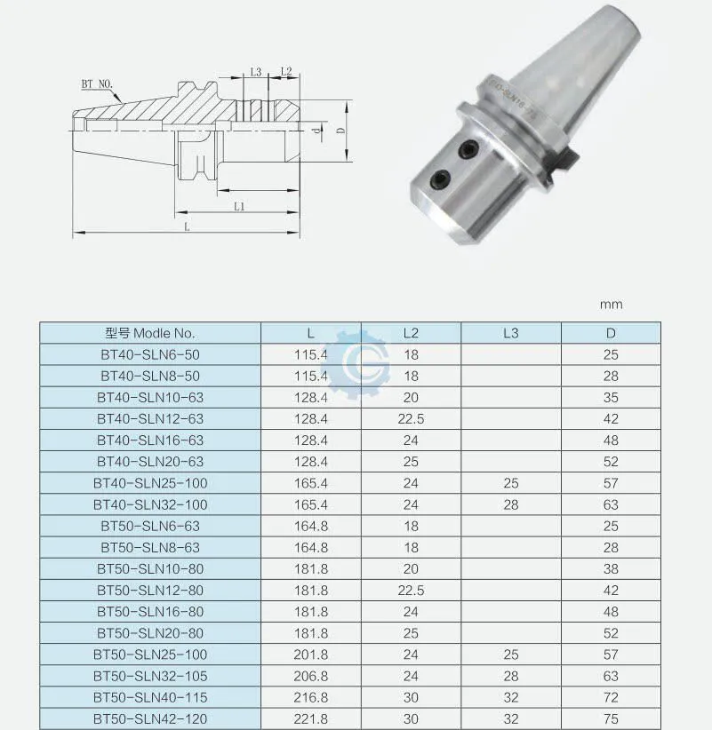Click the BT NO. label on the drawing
[97, 84]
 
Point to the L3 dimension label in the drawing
[256, 72]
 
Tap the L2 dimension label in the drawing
[286, 71]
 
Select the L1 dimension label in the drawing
[239, 207]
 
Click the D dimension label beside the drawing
[341, 130]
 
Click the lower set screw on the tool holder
[440, 179]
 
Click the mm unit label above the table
[611, 305]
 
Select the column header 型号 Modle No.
[150, 333]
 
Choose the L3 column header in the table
[511, 333]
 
